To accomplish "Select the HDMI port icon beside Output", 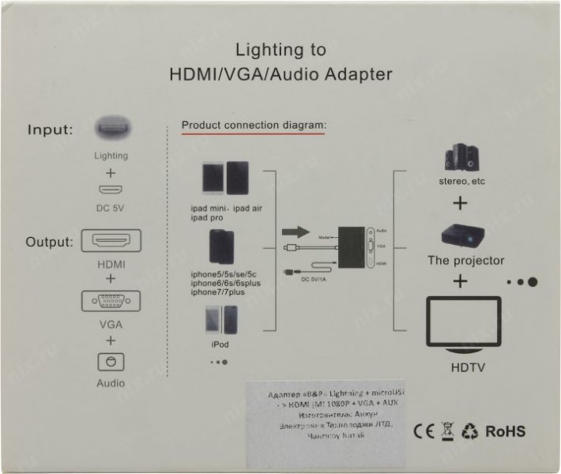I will (x=111, y=240).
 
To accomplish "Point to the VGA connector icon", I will (x=111, y=301).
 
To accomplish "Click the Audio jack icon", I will (x=111, y=361).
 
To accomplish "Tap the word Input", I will (x=51, y=130).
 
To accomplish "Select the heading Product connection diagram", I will (x=254, y=125).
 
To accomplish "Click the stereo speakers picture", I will (x=459, y=157).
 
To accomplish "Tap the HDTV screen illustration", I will (x=464, y=325).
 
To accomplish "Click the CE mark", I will (x=424, y=431).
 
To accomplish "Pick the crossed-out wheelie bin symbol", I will (x=447, y=431).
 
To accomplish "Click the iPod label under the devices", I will (x=220, y=344).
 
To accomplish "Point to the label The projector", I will (x=465, y=260).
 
